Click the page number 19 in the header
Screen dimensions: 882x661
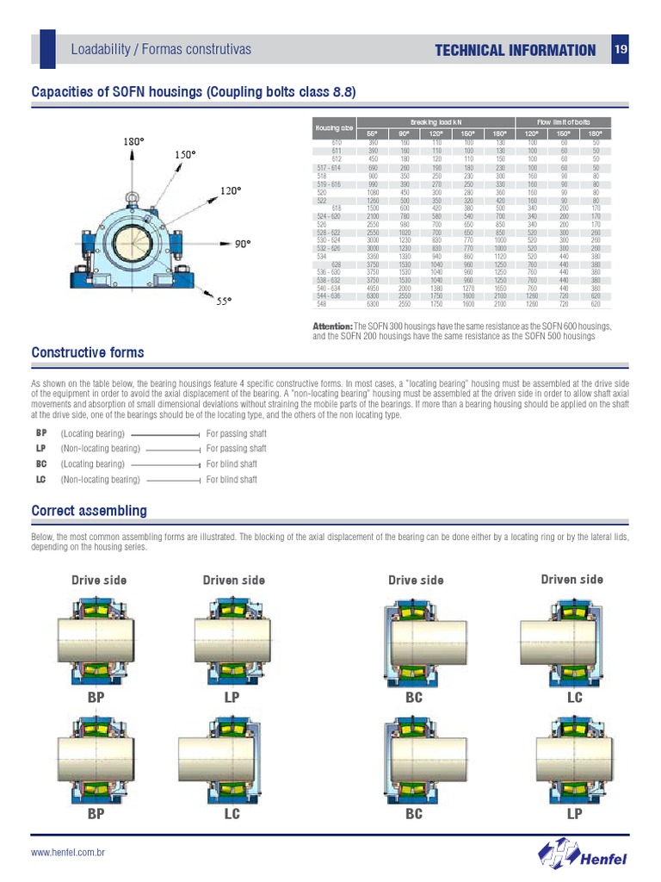[x=621, y=50]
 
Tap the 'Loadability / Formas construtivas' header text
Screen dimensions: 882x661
[x=161, y=49]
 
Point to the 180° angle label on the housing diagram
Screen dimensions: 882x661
[x=133, y=140]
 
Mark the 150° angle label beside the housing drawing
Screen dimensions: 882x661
[x=186, y=154]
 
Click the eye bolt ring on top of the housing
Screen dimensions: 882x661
[x=133, y=199]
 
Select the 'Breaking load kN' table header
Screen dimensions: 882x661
[x=436, y=122]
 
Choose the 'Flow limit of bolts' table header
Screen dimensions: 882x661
[x=563, y=122]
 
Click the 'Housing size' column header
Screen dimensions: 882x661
[x=333, y=127]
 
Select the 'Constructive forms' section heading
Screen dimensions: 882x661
[x=88, y=353]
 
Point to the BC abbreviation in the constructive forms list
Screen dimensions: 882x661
[x=41, y=464]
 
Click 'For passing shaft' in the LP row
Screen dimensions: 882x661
[x=237, y=449]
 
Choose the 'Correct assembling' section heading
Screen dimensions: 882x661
[x=89, y=511]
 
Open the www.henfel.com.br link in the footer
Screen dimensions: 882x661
[x=68, y=853]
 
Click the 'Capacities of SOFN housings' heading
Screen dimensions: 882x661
[x=194, y=92]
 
